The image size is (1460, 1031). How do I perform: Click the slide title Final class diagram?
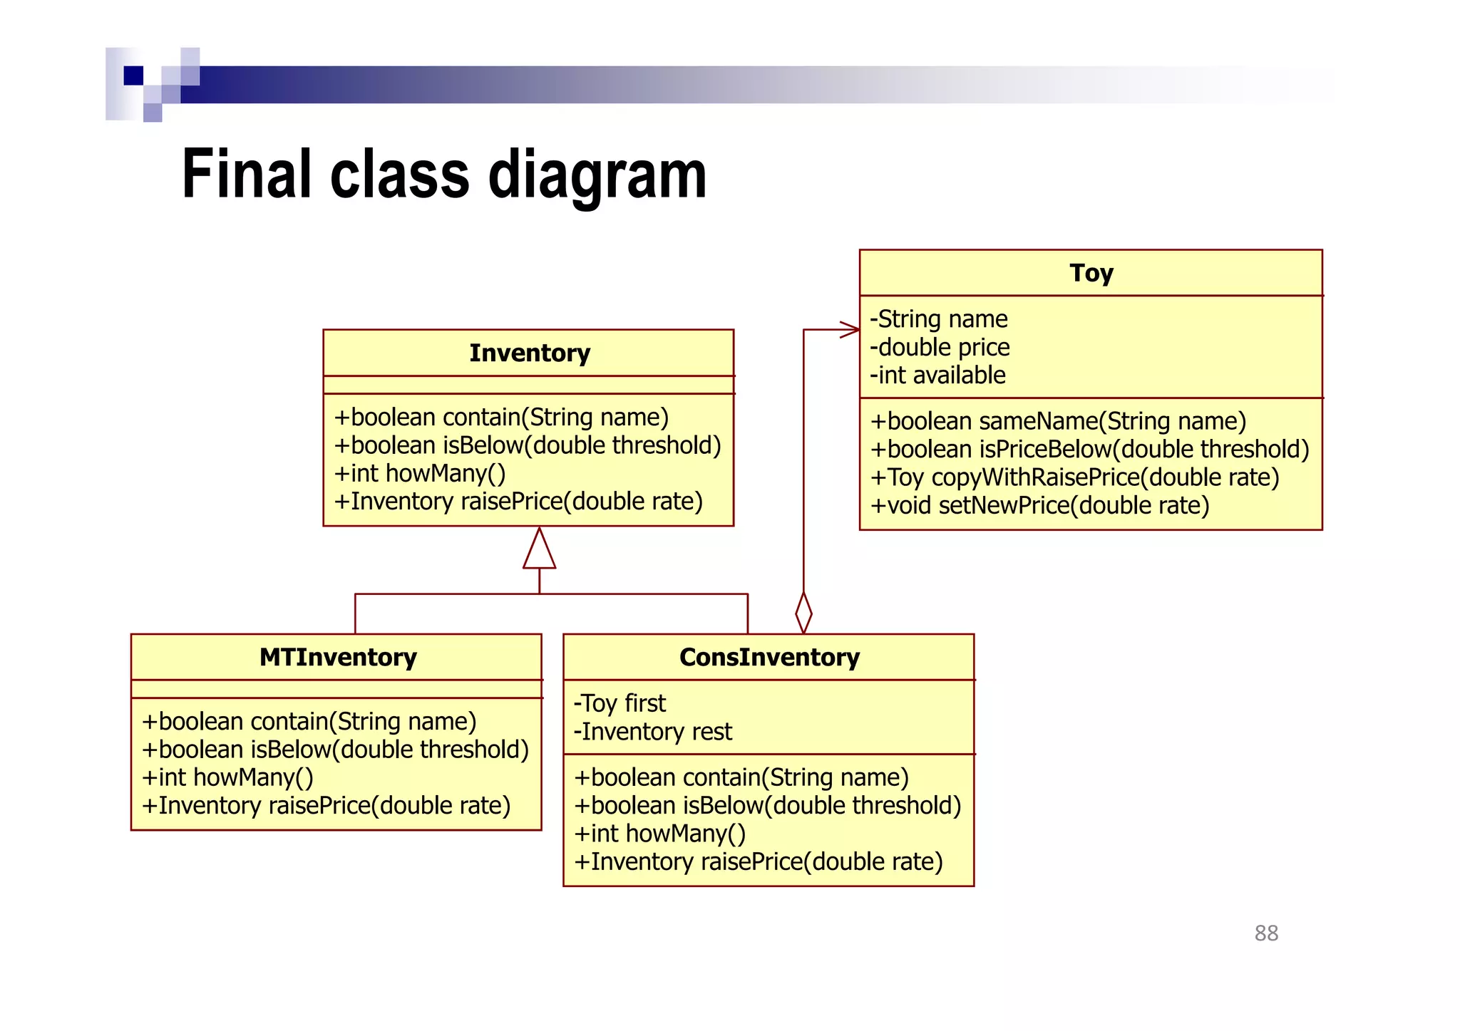pyautogui.click(x=443, y=175)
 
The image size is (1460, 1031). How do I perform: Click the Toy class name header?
pyautogui.click(x=1091, y=273)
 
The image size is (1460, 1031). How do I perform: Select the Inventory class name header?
pyautogui.click(x=529, y=353)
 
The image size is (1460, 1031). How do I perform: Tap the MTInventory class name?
pyautogui.click(x=338, y=657)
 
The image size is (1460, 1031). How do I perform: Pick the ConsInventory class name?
pyautogui.click(x=769, y=657)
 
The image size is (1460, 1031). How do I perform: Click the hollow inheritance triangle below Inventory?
pyautogui.click(x=539, y=550)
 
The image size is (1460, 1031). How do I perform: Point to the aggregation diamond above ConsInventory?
pyautogui.click(x=803, y=612)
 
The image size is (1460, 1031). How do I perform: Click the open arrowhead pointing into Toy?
pyautogui.click(x=850, y=330)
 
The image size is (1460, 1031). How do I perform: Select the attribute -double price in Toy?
pyautogui.click(x=940, y=348)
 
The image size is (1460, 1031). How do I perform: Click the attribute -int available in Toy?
pyautogui.click(x=937, y=375)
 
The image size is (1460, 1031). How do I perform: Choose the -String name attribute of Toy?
pyautogui.click(x=938, y=319)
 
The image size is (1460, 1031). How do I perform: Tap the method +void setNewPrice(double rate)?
pyautogui.click(x=1039, y=506)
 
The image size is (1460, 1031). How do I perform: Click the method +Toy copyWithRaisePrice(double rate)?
pyautogui.click(x=1074, y=477)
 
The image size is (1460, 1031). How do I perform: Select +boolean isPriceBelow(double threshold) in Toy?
pyautogui.click(x=1089, y=450)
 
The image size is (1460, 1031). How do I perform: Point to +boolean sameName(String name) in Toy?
pyautogui.click(x=1058, y=421)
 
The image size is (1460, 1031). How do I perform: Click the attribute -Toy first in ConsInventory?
pyautogui.click(x=620, y=704)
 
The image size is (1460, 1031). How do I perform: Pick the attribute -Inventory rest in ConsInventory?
pyautogui.click(x=652, y=732)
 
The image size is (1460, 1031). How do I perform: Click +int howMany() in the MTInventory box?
pyautogui.click(x=227, y=777)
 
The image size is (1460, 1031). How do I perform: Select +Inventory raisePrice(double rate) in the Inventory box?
pyautogui.click(x=518, y=502)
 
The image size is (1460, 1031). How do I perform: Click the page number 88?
pyautogui.click(x=1266, y=933)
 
